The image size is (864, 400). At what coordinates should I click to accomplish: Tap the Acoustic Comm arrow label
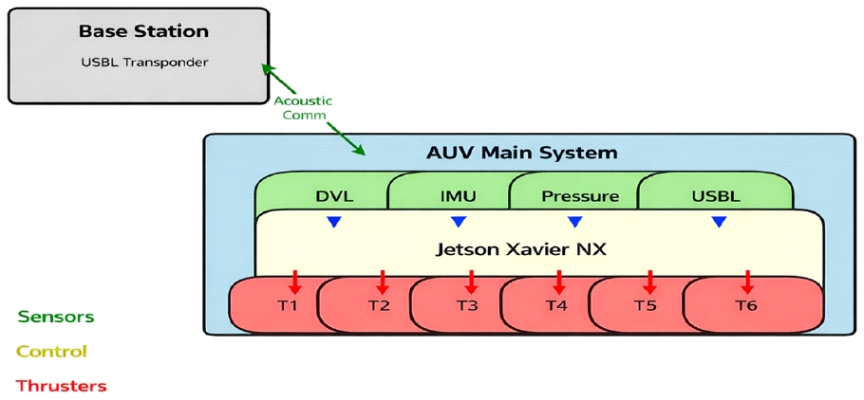[299, 107]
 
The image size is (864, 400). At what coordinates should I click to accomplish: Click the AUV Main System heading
[521, 152]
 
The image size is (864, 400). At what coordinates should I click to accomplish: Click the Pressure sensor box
[579, 196]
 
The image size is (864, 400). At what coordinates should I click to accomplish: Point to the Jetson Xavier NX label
[520, 250]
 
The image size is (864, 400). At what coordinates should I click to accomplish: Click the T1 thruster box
[288, 305]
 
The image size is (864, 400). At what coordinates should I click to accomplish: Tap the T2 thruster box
[379, 305]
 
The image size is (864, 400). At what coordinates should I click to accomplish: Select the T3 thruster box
[467, 305]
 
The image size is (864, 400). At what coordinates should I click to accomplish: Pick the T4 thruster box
[556, 305]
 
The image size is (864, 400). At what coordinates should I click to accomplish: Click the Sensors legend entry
[55, 317]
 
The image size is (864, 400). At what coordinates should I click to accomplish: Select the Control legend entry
[51, 352]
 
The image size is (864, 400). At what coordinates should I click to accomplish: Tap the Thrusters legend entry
[62, 386]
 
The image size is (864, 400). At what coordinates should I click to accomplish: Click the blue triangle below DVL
[333, 222]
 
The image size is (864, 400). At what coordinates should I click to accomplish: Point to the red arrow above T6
[748, 281]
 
